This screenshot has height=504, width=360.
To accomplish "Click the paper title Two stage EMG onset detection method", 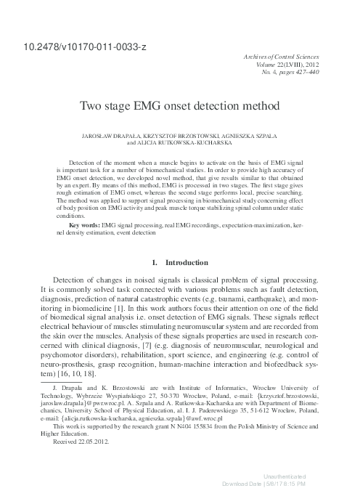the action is click(180, 106).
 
